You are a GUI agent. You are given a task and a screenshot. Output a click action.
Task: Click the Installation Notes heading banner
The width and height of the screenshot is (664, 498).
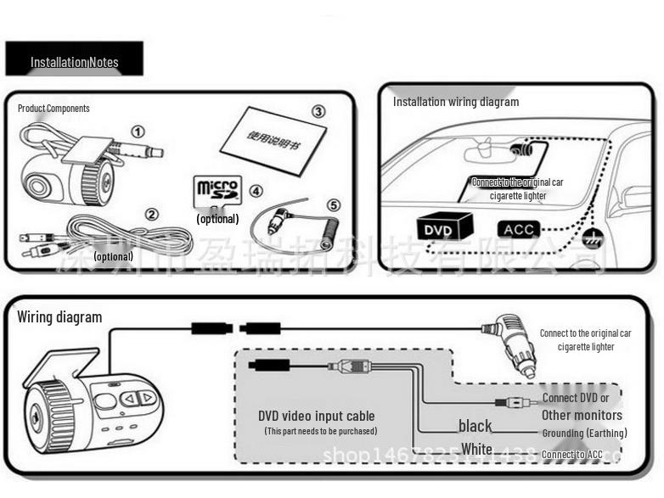point(74,61)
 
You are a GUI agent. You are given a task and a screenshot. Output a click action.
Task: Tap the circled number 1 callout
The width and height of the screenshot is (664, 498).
point(138,132)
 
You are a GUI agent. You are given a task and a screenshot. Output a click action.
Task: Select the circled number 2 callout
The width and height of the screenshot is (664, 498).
point(151,214)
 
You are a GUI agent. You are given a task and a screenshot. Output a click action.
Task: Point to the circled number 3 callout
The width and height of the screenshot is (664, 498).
point(318,111)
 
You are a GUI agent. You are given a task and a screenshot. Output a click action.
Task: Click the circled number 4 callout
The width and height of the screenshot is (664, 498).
point(256,192)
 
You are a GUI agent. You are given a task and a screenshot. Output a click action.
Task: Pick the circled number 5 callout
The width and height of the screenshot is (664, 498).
point(333,205)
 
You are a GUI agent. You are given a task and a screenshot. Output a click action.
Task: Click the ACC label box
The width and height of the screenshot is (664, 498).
point(518,229)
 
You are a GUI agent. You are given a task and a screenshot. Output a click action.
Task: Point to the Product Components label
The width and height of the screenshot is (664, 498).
point(53,109)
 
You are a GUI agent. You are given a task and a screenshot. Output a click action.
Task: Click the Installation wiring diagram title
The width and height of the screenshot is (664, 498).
point(455,102)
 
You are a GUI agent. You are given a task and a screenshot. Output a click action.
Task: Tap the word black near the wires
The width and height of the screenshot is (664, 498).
point(475,426)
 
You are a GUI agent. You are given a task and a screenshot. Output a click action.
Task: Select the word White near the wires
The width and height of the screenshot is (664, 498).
point(475,448)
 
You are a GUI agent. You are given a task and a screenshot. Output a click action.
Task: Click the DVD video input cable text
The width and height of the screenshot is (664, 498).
point(316,416)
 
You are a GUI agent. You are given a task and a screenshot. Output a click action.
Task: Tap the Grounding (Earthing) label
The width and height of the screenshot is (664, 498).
point(584,434)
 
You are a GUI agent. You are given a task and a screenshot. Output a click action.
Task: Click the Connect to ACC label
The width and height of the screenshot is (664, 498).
point(571,455)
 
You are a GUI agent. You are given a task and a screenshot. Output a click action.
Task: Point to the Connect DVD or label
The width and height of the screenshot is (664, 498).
point(575,398)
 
